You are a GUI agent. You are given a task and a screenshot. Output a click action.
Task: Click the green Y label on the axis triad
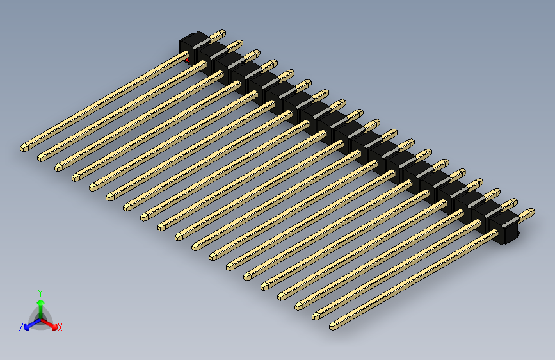click(40, 292)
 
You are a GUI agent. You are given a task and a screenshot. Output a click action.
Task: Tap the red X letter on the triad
click(60, 328)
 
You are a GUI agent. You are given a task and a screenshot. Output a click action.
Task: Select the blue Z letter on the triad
click(21, 327)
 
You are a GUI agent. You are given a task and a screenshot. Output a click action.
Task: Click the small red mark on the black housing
click(188, 60)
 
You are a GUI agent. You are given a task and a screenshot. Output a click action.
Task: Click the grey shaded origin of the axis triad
click(40, 318)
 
